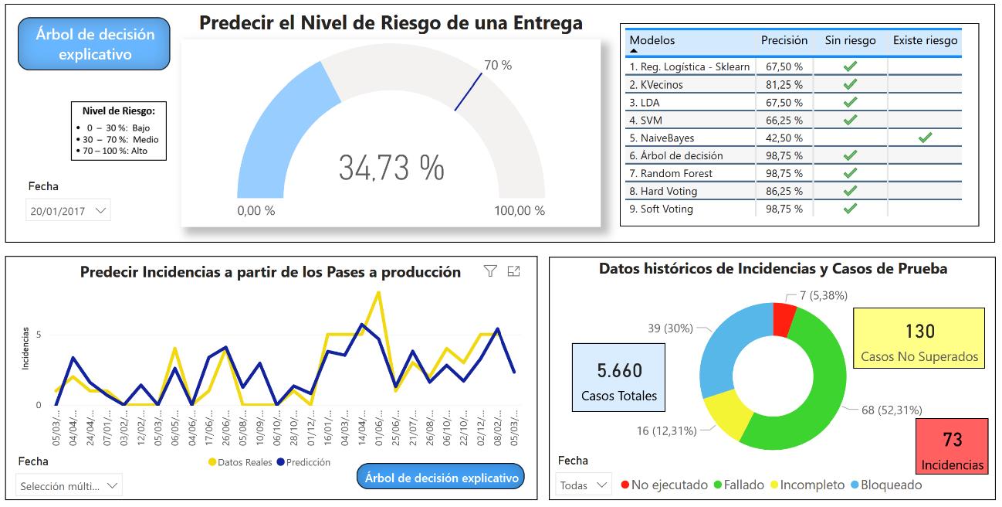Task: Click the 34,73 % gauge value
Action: coord(391,168)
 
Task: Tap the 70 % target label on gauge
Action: coord(498,66)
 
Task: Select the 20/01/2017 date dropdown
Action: coord(68,210)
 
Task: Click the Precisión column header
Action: coord(784,41)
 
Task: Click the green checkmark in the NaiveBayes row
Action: coord(925,138)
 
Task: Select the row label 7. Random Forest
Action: coord(676,174)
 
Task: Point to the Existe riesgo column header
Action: coord(925,41)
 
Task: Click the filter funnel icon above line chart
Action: coord(490,271)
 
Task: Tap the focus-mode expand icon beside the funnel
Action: coord(514,271)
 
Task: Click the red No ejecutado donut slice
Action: coord(784,319)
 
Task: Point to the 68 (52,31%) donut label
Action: coord(892,410)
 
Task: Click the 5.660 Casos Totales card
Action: coord(619,382)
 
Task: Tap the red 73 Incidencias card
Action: coord(952,447)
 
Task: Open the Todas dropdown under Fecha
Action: coord(584,485)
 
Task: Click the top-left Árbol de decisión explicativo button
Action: coord(94,44)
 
